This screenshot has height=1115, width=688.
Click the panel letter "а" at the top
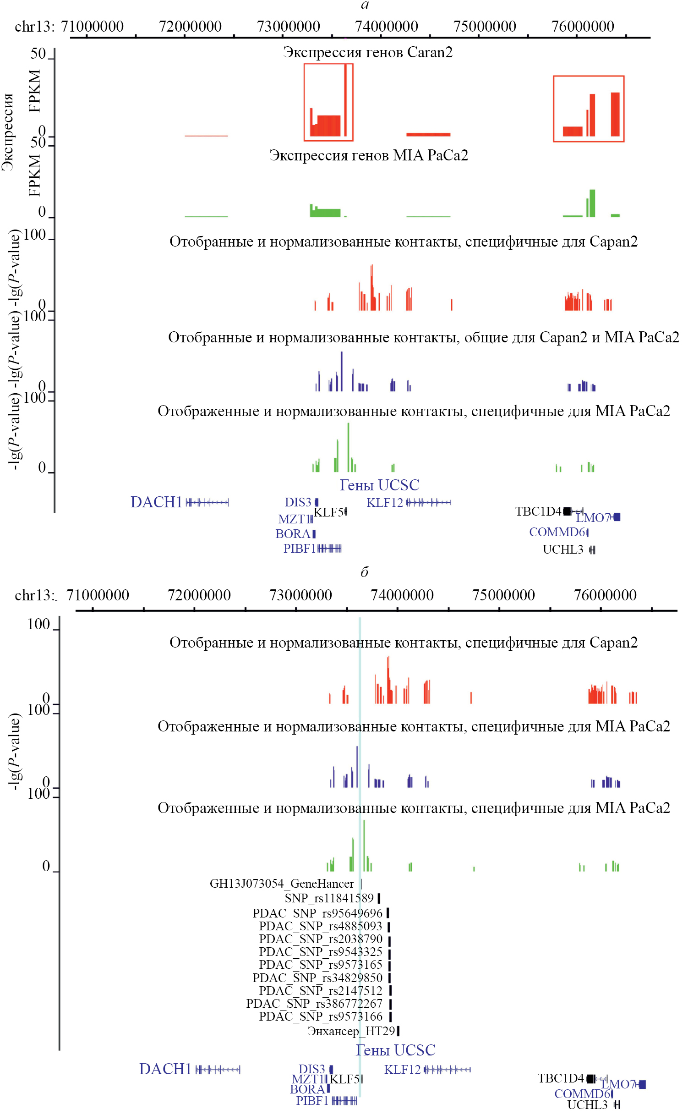365,5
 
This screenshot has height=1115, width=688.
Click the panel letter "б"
365,572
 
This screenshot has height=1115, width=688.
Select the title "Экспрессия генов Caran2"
368,52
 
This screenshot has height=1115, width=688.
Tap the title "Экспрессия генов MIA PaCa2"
369,155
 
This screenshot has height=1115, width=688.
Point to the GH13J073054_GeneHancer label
282,884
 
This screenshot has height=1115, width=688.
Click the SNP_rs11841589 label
329,898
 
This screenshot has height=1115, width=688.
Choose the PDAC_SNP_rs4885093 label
321,926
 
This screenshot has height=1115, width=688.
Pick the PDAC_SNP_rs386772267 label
314,1004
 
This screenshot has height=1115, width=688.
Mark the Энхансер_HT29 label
351,1031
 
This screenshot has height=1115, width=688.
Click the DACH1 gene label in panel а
157,502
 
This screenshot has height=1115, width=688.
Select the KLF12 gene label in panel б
402,1070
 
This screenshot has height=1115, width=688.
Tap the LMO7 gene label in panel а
593,518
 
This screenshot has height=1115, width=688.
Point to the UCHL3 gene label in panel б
587,1105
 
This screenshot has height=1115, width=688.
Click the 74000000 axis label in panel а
387,27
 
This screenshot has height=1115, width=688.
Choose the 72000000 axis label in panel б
199,595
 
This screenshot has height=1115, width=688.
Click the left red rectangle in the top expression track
328,102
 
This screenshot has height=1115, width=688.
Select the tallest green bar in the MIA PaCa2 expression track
592,203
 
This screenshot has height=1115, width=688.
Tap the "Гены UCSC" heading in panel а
379,485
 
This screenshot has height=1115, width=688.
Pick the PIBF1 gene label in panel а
300,549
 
